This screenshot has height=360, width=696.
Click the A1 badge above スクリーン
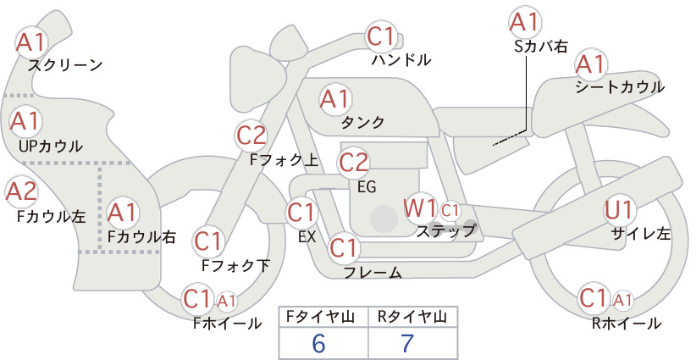[31, 42]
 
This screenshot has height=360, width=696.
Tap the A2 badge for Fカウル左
[21, 191]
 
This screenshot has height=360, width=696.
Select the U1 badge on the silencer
[618, 210]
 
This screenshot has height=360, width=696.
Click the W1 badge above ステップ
[419, 208]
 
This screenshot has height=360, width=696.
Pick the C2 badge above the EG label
[353, 163]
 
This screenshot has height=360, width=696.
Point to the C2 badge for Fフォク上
[251, 136]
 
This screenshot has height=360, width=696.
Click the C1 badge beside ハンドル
[380, 36]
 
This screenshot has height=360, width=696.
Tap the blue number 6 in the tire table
[318, 343]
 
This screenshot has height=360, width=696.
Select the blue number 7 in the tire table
[407, 343]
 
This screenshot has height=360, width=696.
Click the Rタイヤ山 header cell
[413, 317]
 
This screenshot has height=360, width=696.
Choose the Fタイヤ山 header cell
[323, 317]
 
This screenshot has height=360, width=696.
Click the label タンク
[362, 122]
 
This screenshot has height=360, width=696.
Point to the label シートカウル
[620, 87]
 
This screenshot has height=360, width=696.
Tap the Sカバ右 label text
[541, 47]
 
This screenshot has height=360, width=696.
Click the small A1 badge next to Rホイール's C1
[622, 301]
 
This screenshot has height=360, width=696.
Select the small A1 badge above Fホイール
[226, 302]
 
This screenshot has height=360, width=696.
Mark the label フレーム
[373, 273]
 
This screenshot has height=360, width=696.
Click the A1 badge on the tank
[334, 100]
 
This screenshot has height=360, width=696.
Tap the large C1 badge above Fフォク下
[207, 242]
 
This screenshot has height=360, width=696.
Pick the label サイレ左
[640, 234]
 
